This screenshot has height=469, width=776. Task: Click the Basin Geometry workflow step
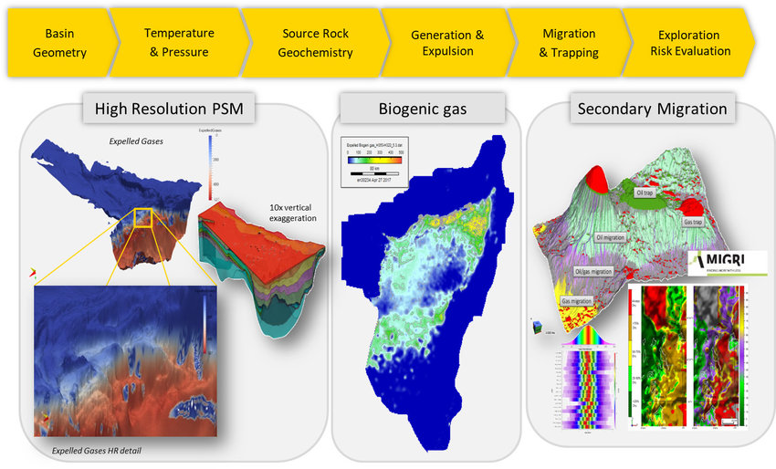click(60, 43)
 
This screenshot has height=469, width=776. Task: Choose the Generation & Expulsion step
click(447, 43)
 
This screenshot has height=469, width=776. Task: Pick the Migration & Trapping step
click(569, 43)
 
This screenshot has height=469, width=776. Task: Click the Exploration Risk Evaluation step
click(690, 43)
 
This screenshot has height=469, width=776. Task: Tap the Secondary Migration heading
click(652, 109)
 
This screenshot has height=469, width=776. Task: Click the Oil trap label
click(647, 193)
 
